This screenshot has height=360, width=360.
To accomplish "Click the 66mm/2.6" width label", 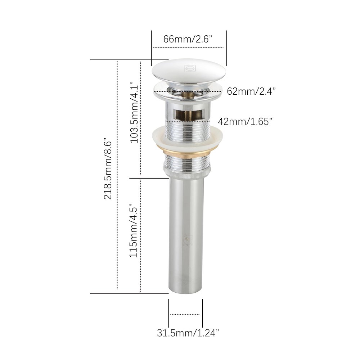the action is [x=187, y=39].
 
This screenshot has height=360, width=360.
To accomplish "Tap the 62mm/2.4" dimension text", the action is [x=251, y=91].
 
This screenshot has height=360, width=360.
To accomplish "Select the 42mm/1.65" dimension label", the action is [x=245, y=121].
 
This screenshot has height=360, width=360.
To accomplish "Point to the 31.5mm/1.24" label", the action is [x=188, y=333].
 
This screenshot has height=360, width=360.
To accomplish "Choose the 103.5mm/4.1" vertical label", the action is [x=134, y=112].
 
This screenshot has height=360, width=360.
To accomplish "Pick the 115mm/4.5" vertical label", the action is [x=134, y=230].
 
